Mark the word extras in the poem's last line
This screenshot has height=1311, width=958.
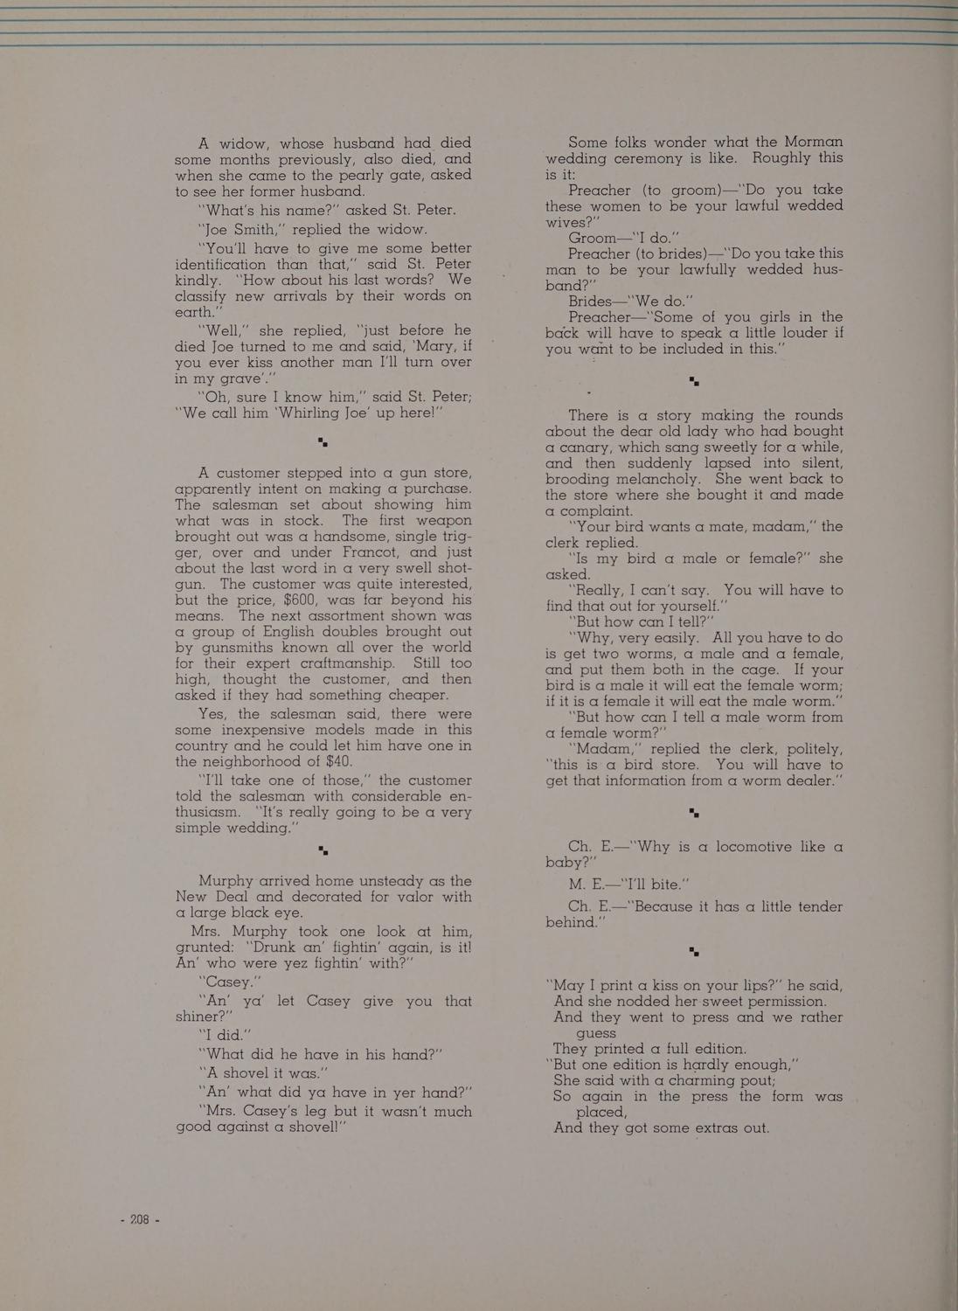[712, 1127]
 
